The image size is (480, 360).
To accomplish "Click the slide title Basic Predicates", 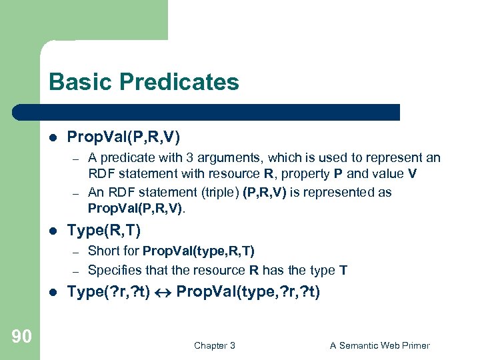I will coord(143,82).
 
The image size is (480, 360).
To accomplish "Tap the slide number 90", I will coord(21,337).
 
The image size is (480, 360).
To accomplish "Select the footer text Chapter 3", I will coord(214,345).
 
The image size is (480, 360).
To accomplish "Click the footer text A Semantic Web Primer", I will coord(380,345).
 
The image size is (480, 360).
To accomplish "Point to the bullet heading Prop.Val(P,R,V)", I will coord(123,137).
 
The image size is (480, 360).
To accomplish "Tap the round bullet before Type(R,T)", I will coord(53,231).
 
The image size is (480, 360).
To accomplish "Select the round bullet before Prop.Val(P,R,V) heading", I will coord(53,137).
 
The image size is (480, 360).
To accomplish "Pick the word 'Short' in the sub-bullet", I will coord(102,251).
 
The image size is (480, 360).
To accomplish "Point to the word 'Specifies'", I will coord(113,270).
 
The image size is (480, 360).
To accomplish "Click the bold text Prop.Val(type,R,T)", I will coord(199,251).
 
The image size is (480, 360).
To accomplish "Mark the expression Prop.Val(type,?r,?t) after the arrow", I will coord(248,291).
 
